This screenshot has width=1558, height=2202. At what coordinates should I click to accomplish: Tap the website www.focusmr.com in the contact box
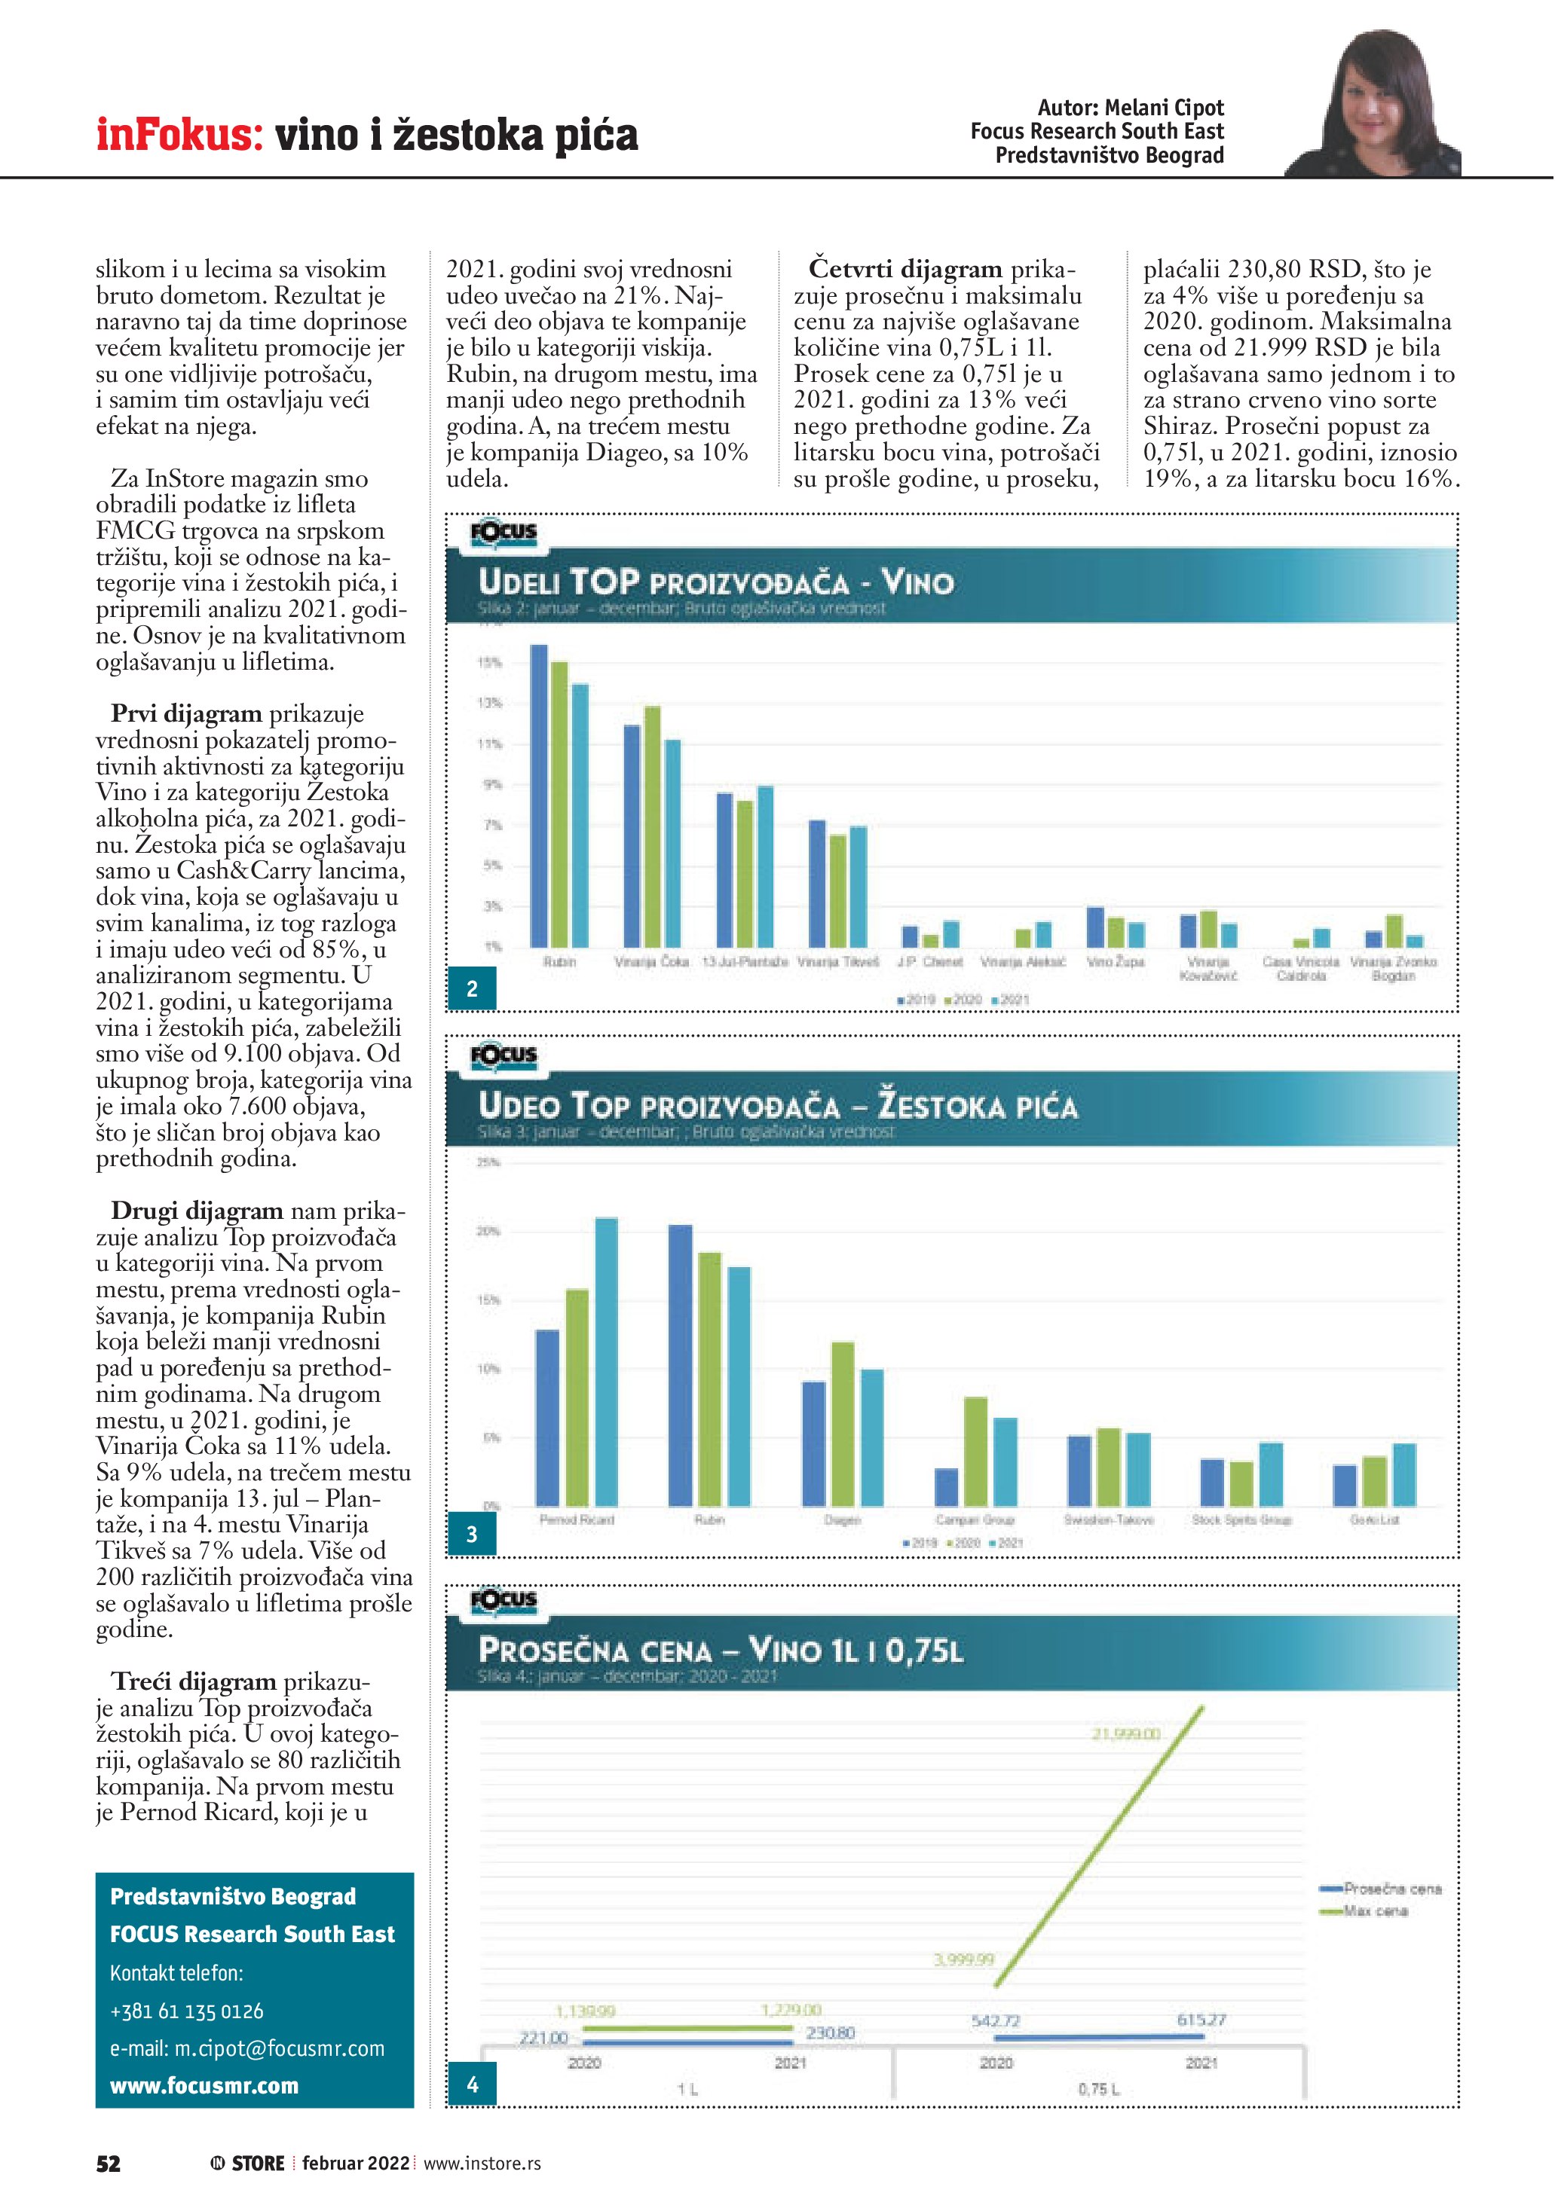click(x=204, y=2086)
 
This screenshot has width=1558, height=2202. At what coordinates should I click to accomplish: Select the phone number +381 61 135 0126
click(x=186, y=2011)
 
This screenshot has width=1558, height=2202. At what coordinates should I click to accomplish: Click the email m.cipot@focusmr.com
click(x=246, y=2048)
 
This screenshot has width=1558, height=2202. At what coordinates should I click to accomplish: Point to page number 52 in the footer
click(x=109, y=2164)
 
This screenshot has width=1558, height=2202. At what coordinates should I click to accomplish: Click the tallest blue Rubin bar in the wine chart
click(x=539, y=796)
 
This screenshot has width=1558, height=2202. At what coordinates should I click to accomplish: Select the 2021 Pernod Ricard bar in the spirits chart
click(x=606, y=1362)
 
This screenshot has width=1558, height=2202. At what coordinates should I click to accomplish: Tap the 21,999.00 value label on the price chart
click(x=1125, y=1734)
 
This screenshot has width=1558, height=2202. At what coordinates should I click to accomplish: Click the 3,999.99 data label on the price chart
click(x=963, y=1959)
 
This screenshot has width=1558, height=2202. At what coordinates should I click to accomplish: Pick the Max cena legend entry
click(x=1376, y=1911)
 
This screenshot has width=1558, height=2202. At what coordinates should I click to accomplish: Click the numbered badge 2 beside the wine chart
click(x=472, y=989)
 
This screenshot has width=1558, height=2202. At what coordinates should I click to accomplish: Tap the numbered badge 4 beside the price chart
click(x=472, y=2085)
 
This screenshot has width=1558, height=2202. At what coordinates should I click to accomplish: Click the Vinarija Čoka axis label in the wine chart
click(x=651, y=962)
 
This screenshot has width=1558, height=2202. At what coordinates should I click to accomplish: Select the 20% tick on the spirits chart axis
click(x=488, y=1232)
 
